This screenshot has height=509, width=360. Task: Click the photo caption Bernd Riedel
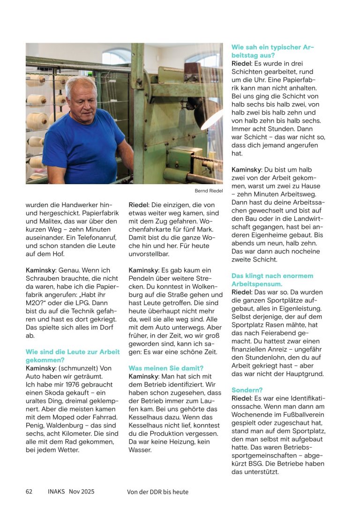tap(209, 191)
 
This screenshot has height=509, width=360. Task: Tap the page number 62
tap(29, 491)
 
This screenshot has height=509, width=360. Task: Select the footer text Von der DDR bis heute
tap(157, 492)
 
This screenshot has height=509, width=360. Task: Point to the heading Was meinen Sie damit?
tap(166, 368)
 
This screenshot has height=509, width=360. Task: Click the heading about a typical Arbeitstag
tap(266, 51)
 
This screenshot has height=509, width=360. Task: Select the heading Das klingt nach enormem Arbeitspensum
tap(272, 280)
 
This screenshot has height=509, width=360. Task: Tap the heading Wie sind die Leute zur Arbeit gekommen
tap(73, 356)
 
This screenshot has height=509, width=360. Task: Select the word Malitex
tap(52, 230)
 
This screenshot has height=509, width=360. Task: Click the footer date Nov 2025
tap(82, 491)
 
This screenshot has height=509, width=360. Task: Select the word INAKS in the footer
tap(56, 491)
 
